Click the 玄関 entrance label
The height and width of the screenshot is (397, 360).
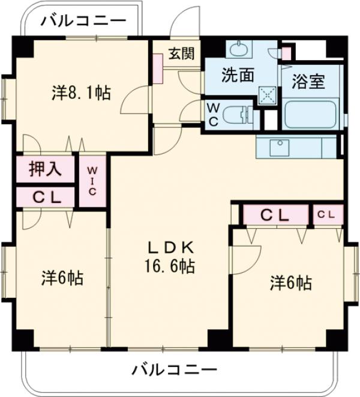181,54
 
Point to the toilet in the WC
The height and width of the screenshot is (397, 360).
239,114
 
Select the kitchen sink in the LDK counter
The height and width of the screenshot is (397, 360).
279,146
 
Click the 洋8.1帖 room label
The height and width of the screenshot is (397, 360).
80,93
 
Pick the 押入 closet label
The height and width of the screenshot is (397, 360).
45,169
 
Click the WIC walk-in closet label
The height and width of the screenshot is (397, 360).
93,181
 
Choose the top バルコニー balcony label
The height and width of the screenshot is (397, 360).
84,22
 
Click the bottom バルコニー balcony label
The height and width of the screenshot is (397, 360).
175,368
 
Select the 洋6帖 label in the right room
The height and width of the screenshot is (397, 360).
290,282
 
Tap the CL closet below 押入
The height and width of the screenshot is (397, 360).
45,196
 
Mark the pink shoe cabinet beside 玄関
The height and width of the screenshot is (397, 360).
158,67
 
